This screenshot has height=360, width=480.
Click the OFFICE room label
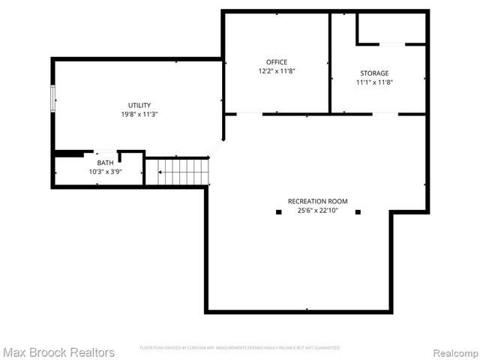click(276, 62)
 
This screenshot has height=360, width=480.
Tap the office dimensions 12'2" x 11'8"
click(276, 71)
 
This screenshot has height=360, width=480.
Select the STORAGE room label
click(374, 73)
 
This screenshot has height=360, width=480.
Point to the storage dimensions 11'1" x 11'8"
click(374, 82)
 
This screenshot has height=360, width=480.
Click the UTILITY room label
click(139, 105)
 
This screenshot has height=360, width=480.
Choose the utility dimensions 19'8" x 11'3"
click(139, 114)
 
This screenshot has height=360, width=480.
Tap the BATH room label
click(105, 163)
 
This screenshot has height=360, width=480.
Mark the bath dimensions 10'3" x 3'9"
click(105, 172)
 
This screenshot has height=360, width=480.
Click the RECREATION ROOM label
click(317, 201)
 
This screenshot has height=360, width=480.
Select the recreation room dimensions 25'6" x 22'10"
click(317, 211)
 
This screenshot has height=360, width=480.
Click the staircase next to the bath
click(182, 172)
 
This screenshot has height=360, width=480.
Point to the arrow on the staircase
click(160, 172)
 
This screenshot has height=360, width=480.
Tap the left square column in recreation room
click(278, 212)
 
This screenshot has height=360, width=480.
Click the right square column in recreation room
click(358, 212)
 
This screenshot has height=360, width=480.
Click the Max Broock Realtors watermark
click(58, 352)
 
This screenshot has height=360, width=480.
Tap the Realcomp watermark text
click(454, 352)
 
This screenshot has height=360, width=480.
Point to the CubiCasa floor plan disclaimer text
click(240, 348)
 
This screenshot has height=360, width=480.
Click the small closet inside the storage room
click(391, 28)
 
